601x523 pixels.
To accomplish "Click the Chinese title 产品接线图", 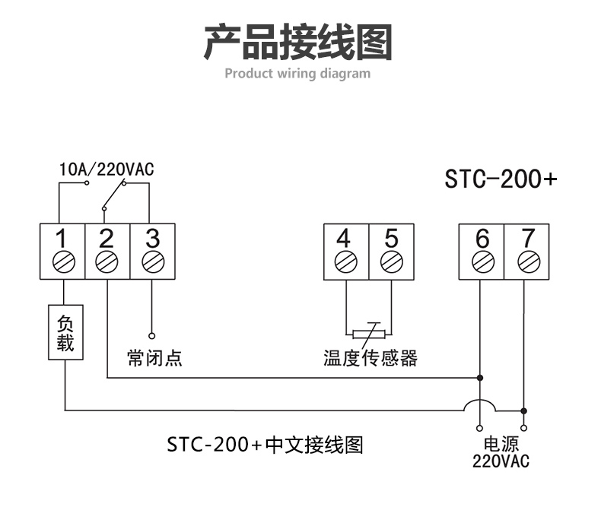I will tap(297, 43).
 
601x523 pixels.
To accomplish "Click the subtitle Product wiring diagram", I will tap(297, 74).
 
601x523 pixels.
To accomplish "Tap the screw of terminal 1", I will tap(62, 261).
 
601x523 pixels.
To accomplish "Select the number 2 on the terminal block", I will tap(107, 238).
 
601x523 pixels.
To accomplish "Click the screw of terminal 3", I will tap(152, 261).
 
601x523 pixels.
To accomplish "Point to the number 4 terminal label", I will tap(344, 238).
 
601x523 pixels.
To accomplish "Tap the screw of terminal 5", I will tap(391, 261).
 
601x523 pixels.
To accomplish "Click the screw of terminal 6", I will tap(482, 261).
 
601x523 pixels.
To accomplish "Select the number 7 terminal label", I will tap(526, 238).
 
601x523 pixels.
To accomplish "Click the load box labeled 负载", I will tap(65, 332).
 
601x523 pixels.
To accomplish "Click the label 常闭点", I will tap(154, 357).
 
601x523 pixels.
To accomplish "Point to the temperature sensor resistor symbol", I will tap(370, 333).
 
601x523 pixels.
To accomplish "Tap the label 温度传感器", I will tap(370, 357).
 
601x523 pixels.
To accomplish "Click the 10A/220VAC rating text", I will tap(107, 170).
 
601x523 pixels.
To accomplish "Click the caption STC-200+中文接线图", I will tap(265, 444).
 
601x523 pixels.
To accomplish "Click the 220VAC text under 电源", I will tap(500, 461).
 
